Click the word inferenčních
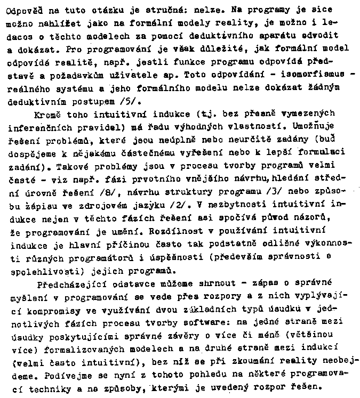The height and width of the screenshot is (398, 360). [x=42, y=128]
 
